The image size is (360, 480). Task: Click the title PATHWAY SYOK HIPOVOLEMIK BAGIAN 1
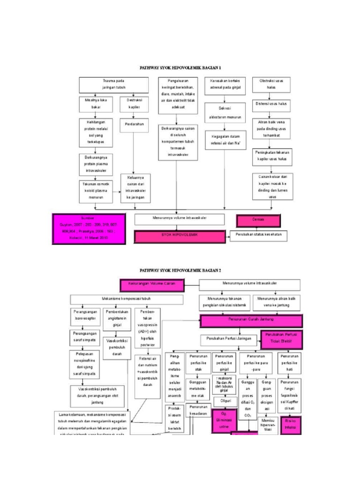tap(180, 68)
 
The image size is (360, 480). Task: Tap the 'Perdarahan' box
tap(134, 124)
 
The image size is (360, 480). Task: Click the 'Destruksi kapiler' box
tap(134, 104)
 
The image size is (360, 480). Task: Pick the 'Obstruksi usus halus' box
tap(271, 85)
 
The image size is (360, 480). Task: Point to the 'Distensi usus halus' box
tap(271, 104)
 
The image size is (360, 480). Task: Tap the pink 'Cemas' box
tap(258, 221)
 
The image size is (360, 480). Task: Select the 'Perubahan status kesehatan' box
tap(258, 235)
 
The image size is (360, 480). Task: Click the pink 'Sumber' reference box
tap(89, 228)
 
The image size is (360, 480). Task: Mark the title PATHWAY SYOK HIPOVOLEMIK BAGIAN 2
tap(180, 270)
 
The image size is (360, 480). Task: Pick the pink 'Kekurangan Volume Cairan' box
tap(152, 284)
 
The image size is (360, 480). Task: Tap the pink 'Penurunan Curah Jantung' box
tap(251, 321)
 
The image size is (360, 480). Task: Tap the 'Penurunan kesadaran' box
tap(198, 410)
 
